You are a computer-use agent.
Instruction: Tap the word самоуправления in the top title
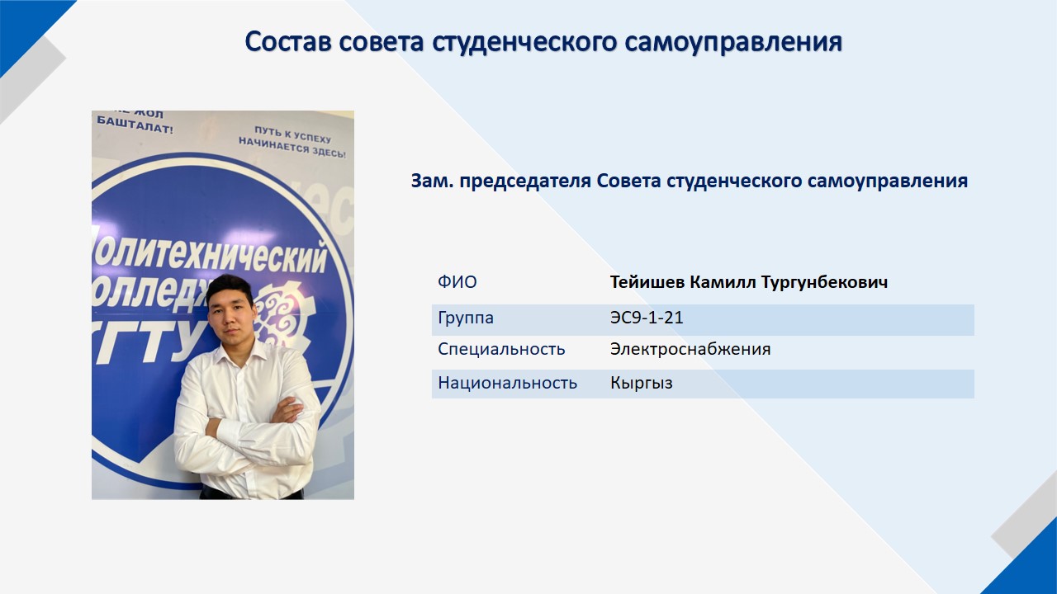(734, 42)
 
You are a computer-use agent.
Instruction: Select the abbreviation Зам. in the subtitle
(432, 181)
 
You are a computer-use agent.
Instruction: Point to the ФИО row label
(457, 282)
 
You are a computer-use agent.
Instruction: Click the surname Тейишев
(647, 282)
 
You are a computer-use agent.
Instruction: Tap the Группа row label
(466, 318)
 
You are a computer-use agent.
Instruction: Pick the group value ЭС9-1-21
(647, 318)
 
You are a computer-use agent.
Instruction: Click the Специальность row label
(501, 349)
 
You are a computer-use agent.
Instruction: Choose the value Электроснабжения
(690, 349)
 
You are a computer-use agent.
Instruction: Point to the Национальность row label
(507, 383)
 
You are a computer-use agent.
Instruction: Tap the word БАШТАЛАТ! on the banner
(135, 125)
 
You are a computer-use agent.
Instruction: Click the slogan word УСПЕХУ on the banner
(313, 138)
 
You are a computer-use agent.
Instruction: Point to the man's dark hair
(230, 289)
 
